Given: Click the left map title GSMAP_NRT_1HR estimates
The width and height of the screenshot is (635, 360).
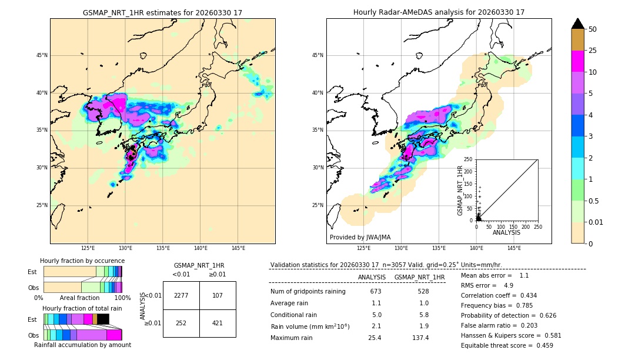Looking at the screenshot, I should pyautogui.click(x=162, y=12).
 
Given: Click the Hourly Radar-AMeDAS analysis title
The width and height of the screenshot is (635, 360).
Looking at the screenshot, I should pyautogui.click(x=439, y=12).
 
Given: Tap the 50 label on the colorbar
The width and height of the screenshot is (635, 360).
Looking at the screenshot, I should pyautogui.click(x=593, y=29).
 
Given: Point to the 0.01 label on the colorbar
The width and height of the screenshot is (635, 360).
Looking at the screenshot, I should pyautogui.click(x=597, y=222).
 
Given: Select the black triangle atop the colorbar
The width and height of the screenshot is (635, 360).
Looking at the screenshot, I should pyautogui.click(x=578, y=24).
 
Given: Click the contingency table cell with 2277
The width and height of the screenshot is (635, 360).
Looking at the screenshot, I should pyautogui.click(x=181, y=295).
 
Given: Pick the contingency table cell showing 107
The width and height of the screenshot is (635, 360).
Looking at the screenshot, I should pyautogui.click(x=218, y=295).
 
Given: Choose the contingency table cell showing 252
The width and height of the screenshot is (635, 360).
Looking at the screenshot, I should pyautogui.click(x=181, y=323).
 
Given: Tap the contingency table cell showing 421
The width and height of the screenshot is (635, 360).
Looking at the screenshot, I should pyautogui.click(x=218, y=323).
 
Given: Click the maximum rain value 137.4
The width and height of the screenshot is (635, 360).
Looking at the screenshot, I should pyautogui.click(x=419, y=338).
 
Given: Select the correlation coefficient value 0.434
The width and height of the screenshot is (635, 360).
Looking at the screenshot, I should pyautogui.click(x=524, y=295).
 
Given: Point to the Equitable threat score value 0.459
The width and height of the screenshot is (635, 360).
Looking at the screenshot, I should pyautogui.click(x=540, y=345).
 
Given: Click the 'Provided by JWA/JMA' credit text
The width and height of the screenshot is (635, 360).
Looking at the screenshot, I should pyautogui.click(x=360, y=238).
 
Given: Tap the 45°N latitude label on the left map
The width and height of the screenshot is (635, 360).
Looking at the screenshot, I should pyautogui.click(x=42, y=55).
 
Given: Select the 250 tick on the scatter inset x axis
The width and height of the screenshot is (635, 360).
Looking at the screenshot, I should pyautogui.click(x=537, y=226).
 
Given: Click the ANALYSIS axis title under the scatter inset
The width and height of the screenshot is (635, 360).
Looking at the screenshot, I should pyautogui.click(x=506, y=232).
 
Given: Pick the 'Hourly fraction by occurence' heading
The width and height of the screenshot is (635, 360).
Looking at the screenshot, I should pyautogui.click(x=82, y=261).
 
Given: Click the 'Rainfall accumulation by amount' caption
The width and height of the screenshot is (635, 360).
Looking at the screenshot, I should pyautogui.click(x=82, y=345).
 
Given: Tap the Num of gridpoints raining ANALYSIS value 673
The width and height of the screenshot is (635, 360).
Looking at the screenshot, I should pyautogui.click(x=376, y=291).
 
